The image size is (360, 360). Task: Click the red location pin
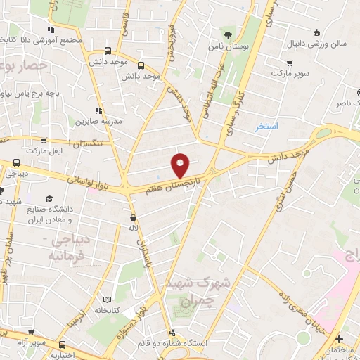point(181,165)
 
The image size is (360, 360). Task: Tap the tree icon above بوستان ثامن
point(227,34)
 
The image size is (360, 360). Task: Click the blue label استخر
point(267,127)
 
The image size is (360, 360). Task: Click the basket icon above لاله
point(133,217)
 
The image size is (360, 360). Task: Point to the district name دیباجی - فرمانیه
point(50,248)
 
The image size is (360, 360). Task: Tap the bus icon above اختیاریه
point(63,345)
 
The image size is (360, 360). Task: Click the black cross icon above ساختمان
point(339,339)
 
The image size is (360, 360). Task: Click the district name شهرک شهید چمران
point(189,290)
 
